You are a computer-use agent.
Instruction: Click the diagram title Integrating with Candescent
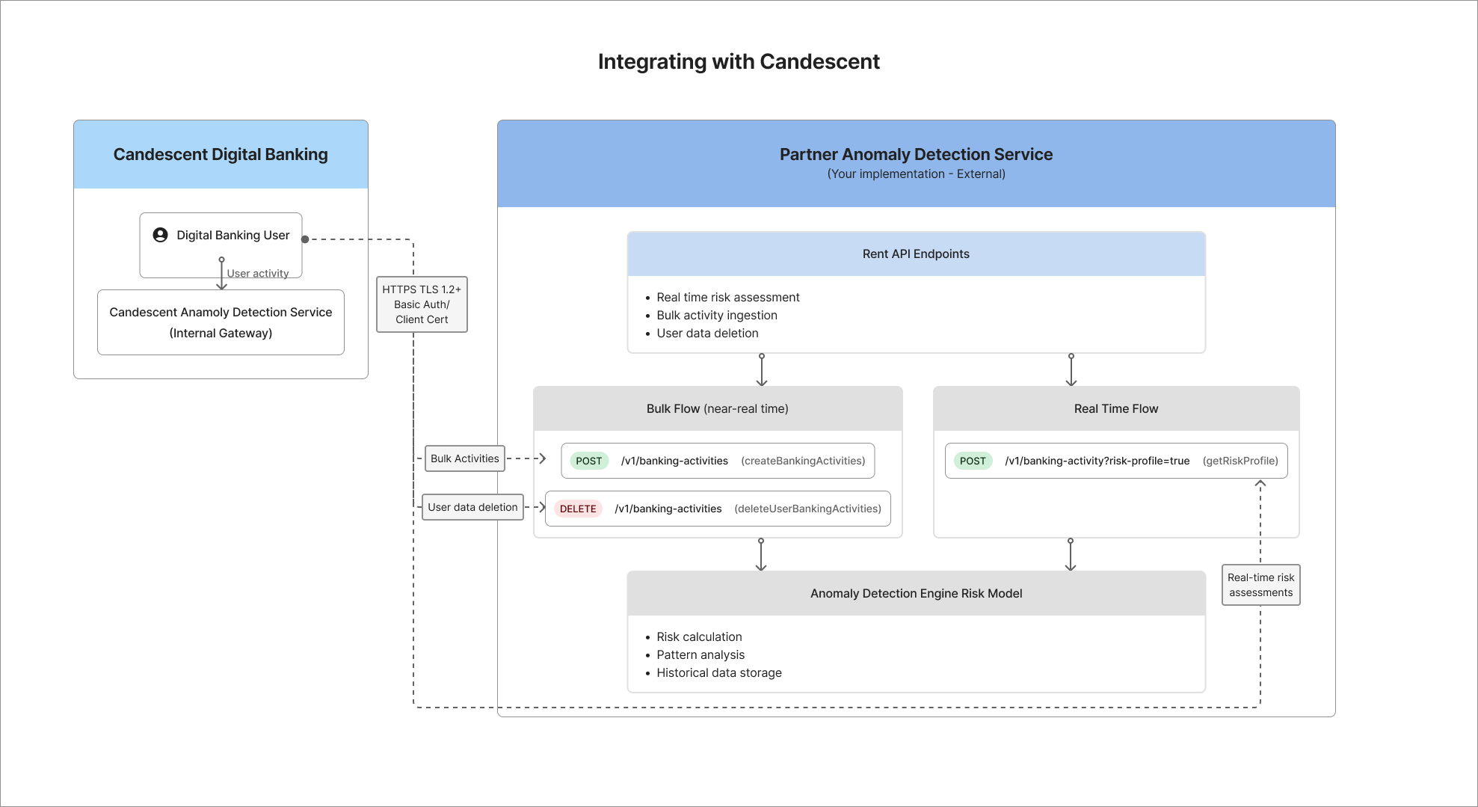coord(739,61)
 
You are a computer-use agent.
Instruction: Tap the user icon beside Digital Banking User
coord(160,235)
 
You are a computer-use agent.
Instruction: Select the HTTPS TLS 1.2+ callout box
coord(422,304)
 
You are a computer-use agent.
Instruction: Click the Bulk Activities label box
coord(464,458)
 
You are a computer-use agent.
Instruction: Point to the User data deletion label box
coord(472,507)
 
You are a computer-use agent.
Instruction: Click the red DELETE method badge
coord(578,509)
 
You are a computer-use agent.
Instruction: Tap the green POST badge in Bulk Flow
coord(588,461)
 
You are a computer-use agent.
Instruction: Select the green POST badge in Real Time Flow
coord(972,461)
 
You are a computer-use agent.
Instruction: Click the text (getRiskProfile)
coord(1240,461)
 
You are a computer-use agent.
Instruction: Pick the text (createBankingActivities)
coord(803,461)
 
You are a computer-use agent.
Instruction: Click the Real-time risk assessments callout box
coord(1260,585)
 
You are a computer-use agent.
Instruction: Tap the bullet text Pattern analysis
coord(700,654)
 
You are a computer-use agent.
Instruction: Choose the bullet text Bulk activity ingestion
coord(716,315)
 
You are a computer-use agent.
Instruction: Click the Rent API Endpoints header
coord(916,254)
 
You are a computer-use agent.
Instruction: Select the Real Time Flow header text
coord(1115,408)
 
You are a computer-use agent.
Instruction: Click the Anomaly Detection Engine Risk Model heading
coord(916,593)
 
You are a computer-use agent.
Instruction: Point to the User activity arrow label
coord(258,273)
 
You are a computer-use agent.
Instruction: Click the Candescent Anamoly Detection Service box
coord(221,322)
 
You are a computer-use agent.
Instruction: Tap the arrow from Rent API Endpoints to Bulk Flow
coord(761,370)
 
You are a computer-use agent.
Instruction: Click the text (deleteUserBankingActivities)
coord(807,509)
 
